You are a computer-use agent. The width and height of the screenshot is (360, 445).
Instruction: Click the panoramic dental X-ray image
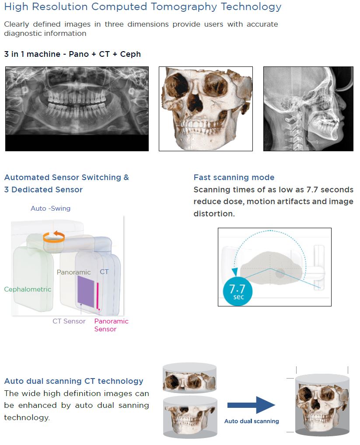[77, 108]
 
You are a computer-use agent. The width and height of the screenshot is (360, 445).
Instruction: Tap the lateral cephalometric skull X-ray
[308, 109]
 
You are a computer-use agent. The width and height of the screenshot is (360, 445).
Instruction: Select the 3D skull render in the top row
[206, 109]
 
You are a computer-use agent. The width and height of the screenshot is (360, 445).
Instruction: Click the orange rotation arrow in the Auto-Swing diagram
[54, 237]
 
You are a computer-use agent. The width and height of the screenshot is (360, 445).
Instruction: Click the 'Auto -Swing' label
[50, 209]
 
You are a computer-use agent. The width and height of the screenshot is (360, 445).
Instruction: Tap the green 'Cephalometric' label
[28, 289]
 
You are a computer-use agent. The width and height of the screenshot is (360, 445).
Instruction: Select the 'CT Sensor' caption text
[69, 321]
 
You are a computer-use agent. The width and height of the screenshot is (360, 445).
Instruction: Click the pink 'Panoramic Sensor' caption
[111, 325]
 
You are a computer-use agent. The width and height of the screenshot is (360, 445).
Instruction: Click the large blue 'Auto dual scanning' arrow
[252, 405]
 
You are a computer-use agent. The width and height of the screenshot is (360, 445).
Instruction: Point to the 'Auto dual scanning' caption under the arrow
[252, 421]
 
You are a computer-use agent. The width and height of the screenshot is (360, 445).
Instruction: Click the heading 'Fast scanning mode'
[234, 177]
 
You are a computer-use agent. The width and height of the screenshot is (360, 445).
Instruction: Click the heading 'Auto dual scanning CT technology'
[73, 381]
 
